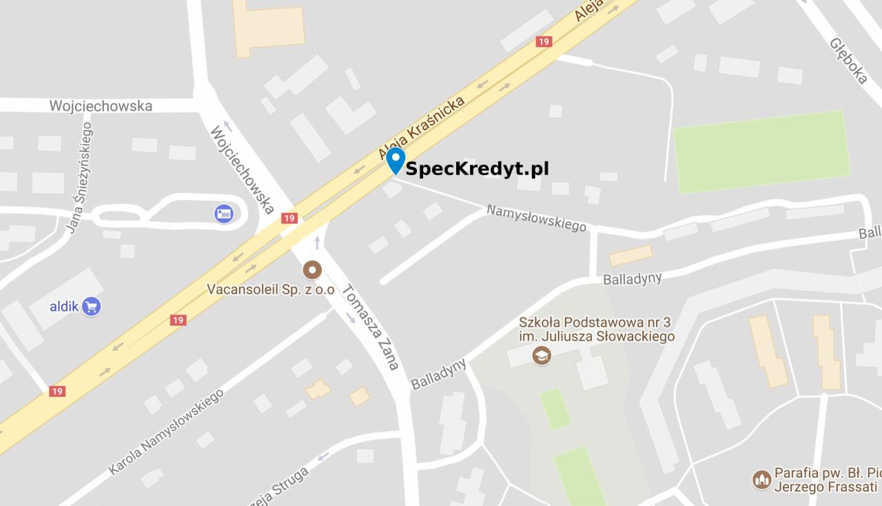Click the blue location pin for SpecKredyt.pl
396,160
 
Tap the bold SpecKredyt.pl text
477,169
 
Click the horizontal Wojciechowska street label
101,106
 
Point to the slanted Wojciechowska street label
243,168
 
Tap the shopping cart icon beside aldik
91,305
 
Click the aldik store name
63,305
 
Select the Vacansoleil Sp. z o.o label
271,290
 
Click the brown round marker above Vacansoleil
311,270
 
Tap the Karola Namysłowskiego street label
166,432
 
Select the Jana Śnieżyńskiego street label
80,178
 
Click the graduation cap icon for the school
542,356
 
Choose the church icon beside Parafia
761,479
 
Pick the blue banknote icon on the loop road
223,214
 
